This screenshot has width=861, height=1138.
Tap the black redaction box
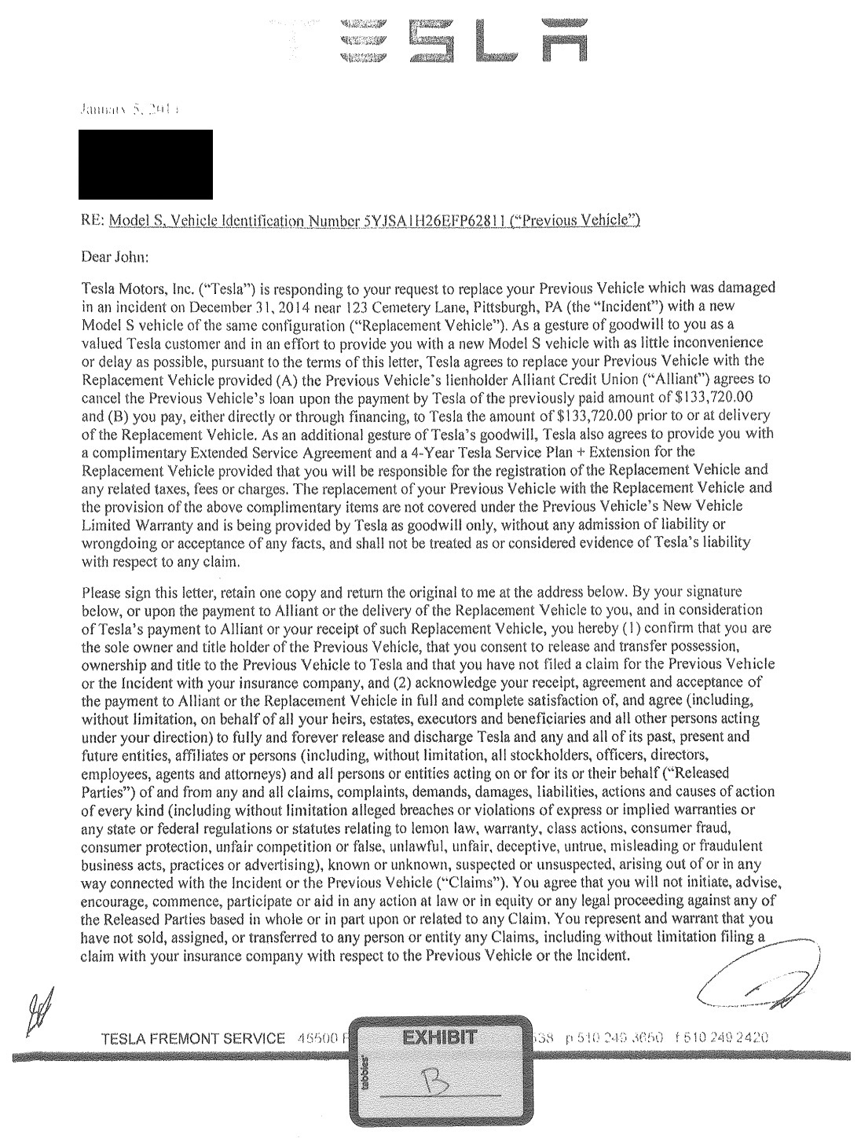tap(145, 164)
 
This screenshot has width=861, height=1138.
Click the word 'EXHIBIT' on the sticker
tap(438, 1037)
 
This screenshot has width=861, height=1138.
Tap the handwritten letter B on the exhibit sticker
tap(438, 1085)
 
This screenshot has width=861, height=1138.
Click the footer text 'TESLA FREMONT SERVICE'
tap(193, 1039)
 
